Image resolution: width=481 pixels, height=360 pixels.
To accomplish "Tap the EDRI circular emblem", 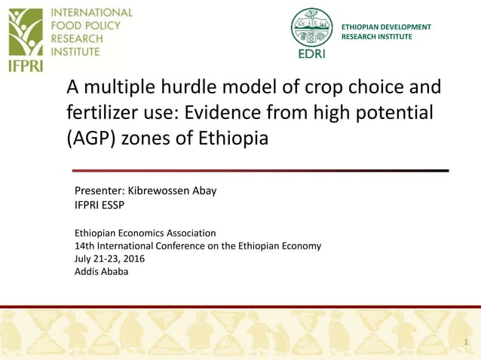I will coord(311,27).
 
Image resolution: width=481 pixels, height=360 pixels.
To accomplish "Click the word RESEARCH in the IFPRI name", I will coord(76,39).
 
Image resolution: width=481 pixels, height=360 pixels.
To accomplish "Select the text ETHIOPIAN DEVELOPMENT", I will coord(386,27).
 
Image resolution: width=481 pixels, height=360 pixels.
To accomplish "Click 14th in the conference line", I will coord(84,246).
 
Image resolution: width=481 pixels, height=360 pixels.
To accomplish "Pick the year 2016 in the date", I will coord(133,258).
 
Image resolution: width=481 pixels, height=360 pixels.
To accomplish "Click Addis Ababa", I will coord(101,271).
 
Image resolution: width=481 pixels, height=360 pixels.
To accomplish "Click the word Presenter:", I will coord(99,191).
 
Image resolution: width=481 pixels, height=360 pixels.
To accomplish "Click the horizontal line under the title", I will coord(260,171).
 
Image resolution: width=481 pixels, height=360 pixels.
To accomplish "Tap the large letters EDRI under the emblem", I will coord(311,53).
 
